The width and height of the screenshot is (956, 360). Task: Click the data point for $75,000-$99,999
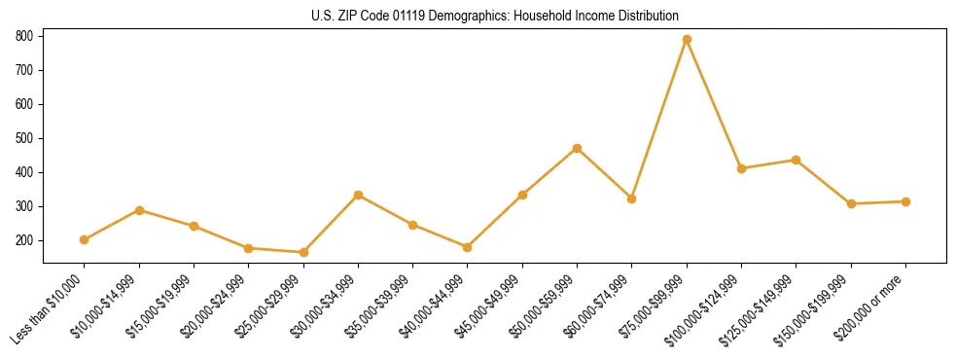point(687,39)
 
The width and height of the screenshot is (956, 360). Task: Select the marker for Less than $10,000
point(85,239)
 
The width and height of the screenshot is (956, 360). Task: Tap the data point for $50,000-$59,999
point(578,148)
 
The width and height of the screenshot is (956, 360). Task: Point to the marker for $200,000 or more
point(905,201)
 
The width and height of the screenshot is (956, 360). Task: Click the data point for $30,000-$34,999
point(359,195)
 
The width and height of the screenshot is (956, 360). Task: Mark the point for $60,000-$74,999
point(632,198)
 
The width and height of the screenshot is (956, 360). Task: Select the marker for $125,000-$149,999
point(797,160)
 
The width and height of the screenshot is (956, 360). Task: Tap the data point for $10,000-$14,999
point(139,210)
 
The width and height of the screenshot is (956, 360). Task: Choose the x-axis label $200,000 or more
point(872,306)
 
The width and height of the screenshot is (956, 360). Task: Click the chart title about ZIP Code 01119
point(495,16)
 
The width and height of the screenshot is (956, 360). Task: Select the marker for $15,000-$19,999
point(195,226)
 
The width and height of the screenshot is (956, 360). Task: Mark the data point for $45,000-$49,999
point(522,195)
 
